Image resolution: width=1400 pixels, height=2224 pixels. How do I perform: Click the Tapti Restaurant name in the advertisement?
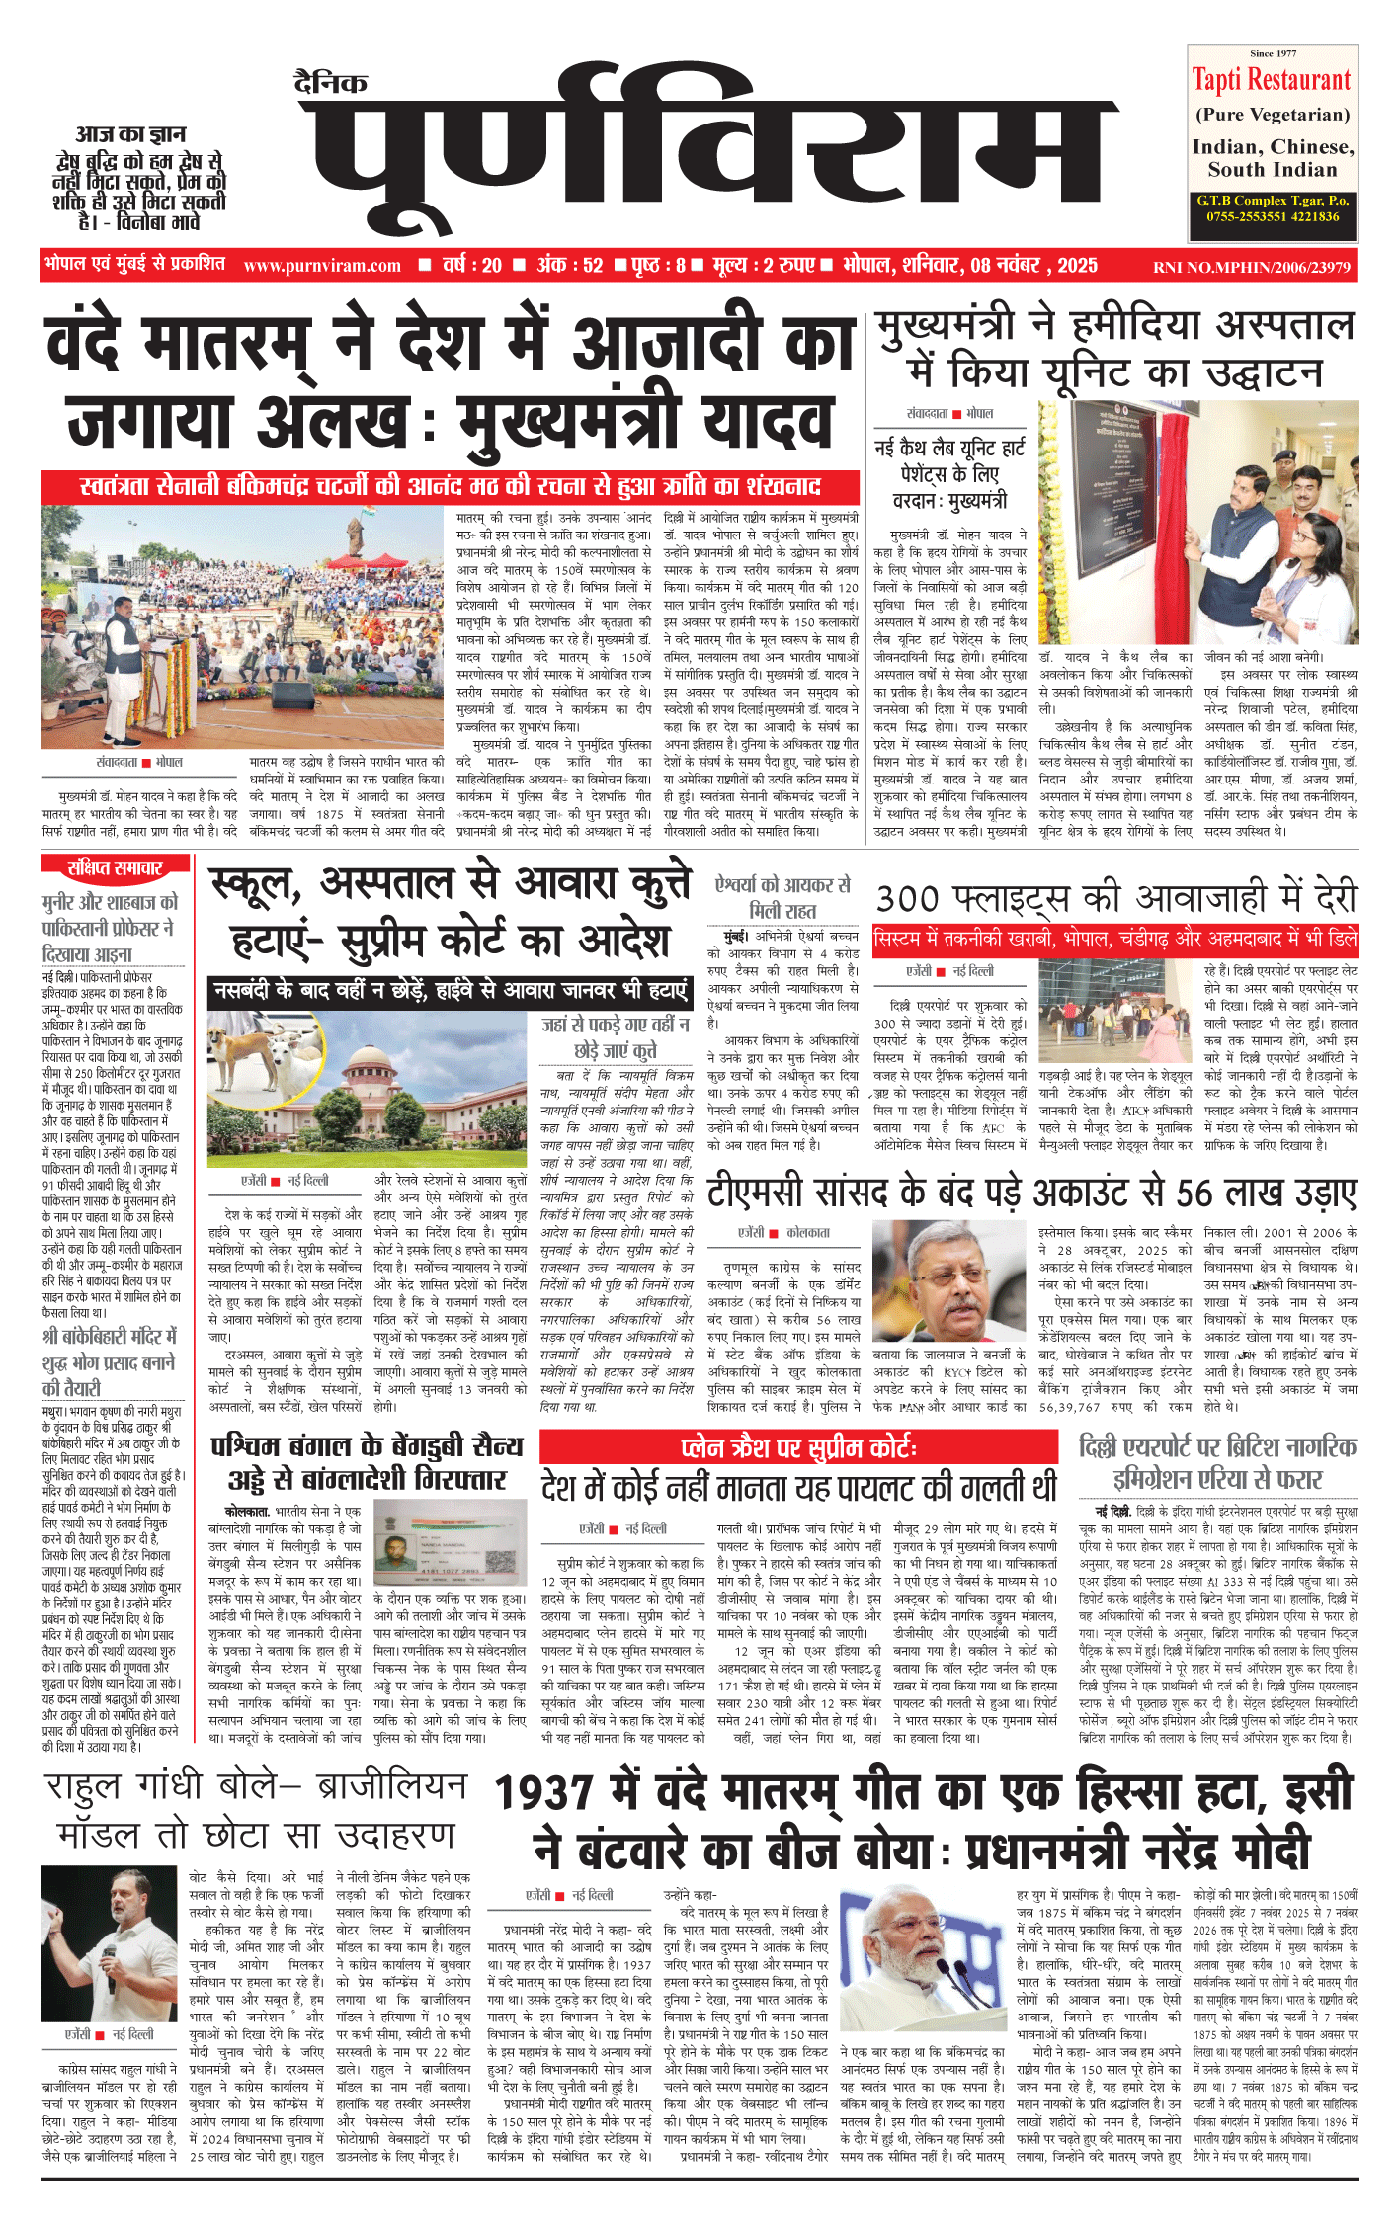[1271, 80]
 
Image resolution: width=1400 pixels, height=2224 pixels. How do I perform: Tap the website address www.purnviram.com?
[322, 266]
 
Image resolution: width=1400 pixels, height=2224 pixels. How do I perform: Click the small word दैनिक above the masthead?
[331, 83]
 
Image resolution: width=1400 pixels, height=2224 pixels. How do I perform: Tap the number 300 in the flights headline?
[907, 898]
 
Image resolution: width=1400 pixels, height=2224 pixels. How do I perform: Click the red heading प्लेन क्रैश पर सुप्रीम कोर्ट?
[798, 1448]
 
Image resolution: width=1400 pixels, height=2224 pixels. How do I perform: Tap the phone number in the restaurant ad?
[1273, 216]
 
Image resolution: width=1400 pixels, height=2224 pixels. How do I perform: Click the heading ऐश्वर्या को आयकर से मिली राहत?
[782, 897]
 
